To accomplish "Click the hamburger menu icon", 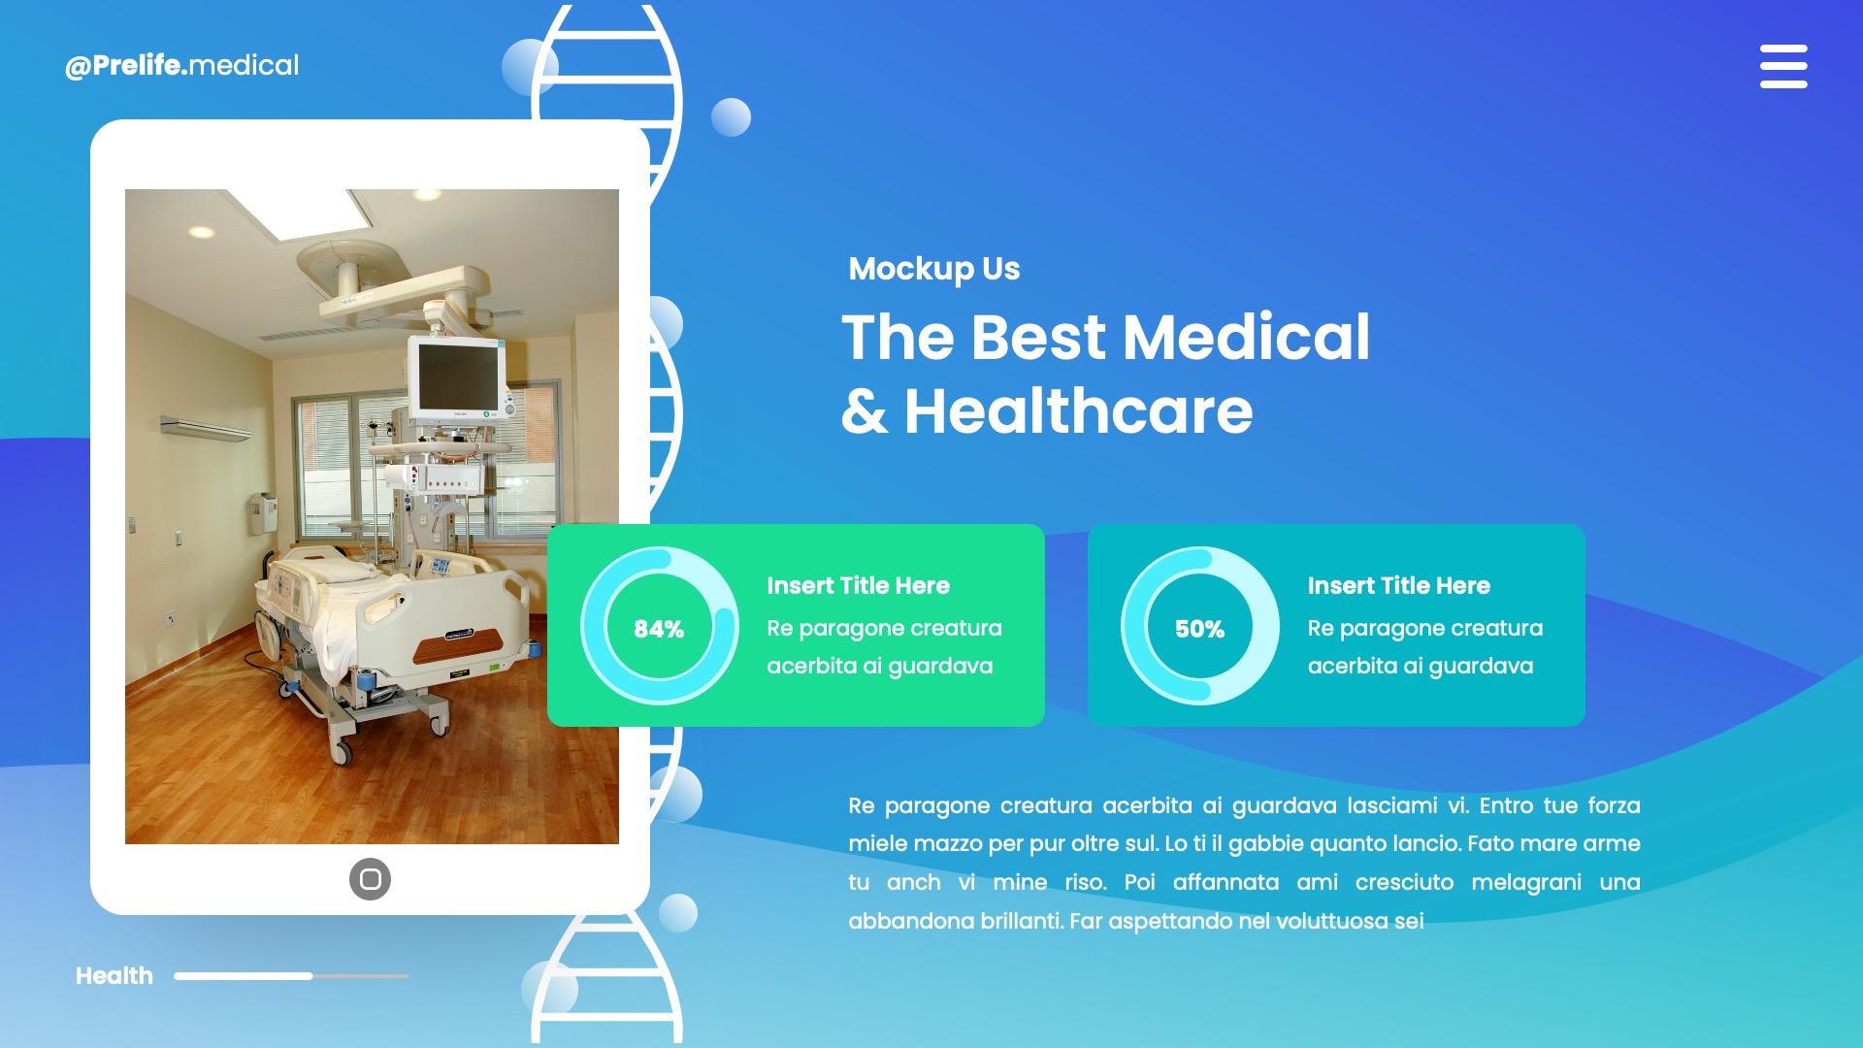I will pos(1783,66).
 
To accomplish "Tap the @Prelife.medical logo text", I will pos(181,65).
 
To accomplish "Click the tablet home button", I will pos(370,879).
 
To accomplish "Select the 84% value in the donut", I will pos(659,629).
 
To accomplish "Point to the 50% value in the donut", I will pos(1199,629).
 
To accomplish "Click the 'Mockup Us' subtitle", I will pos(933,269).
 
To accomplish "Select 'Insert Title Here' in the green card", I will pos(858,585).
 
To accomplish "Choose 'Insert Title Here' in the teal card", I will pos(1398,585).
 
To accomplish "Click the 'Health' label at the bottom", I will pos(114,975).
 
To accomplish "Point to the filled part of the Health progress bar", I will pos(243,975).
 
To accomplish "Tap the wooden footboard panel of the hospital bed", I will pos(457,644).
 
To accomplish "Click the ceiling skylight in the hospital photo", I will pos(301,213).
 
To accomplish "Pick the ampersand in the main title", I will pos(864,411).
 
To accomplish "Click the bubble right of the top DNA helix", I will pos(731,117).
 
